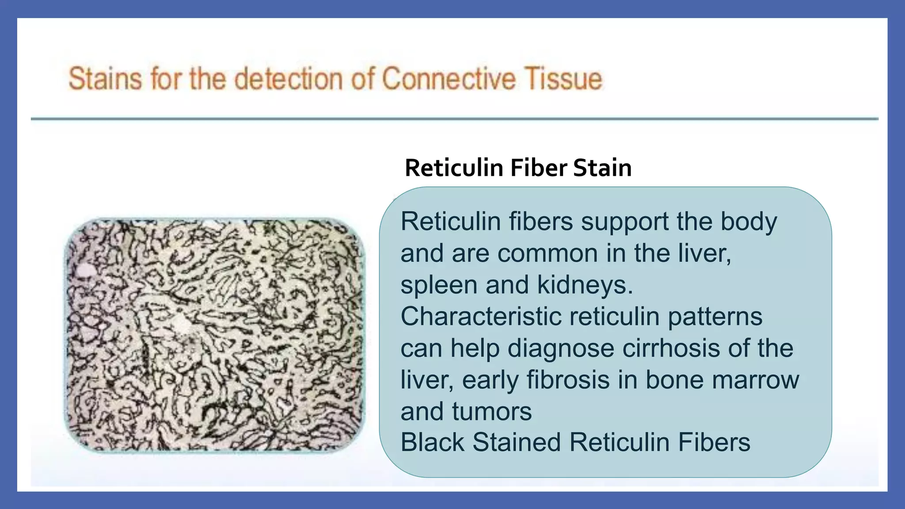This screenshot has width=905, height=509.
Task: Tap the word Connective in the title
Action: tap(448, 79)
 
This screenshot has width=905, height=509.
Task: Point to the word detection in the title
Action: tap(289, 79)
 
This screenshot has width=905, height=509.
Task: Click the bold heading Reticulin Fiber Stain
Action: tap(518, 168)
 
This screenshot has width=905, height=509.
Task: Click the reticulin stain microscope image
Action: tap(215, 335)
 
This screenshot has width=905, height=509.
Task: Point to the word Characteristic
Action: tap(480, 316)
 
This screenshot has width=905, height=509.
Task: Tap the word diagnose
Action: tap(561, 349)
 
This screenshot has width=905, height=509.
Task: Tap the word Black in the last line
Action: tap(432, 442)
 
